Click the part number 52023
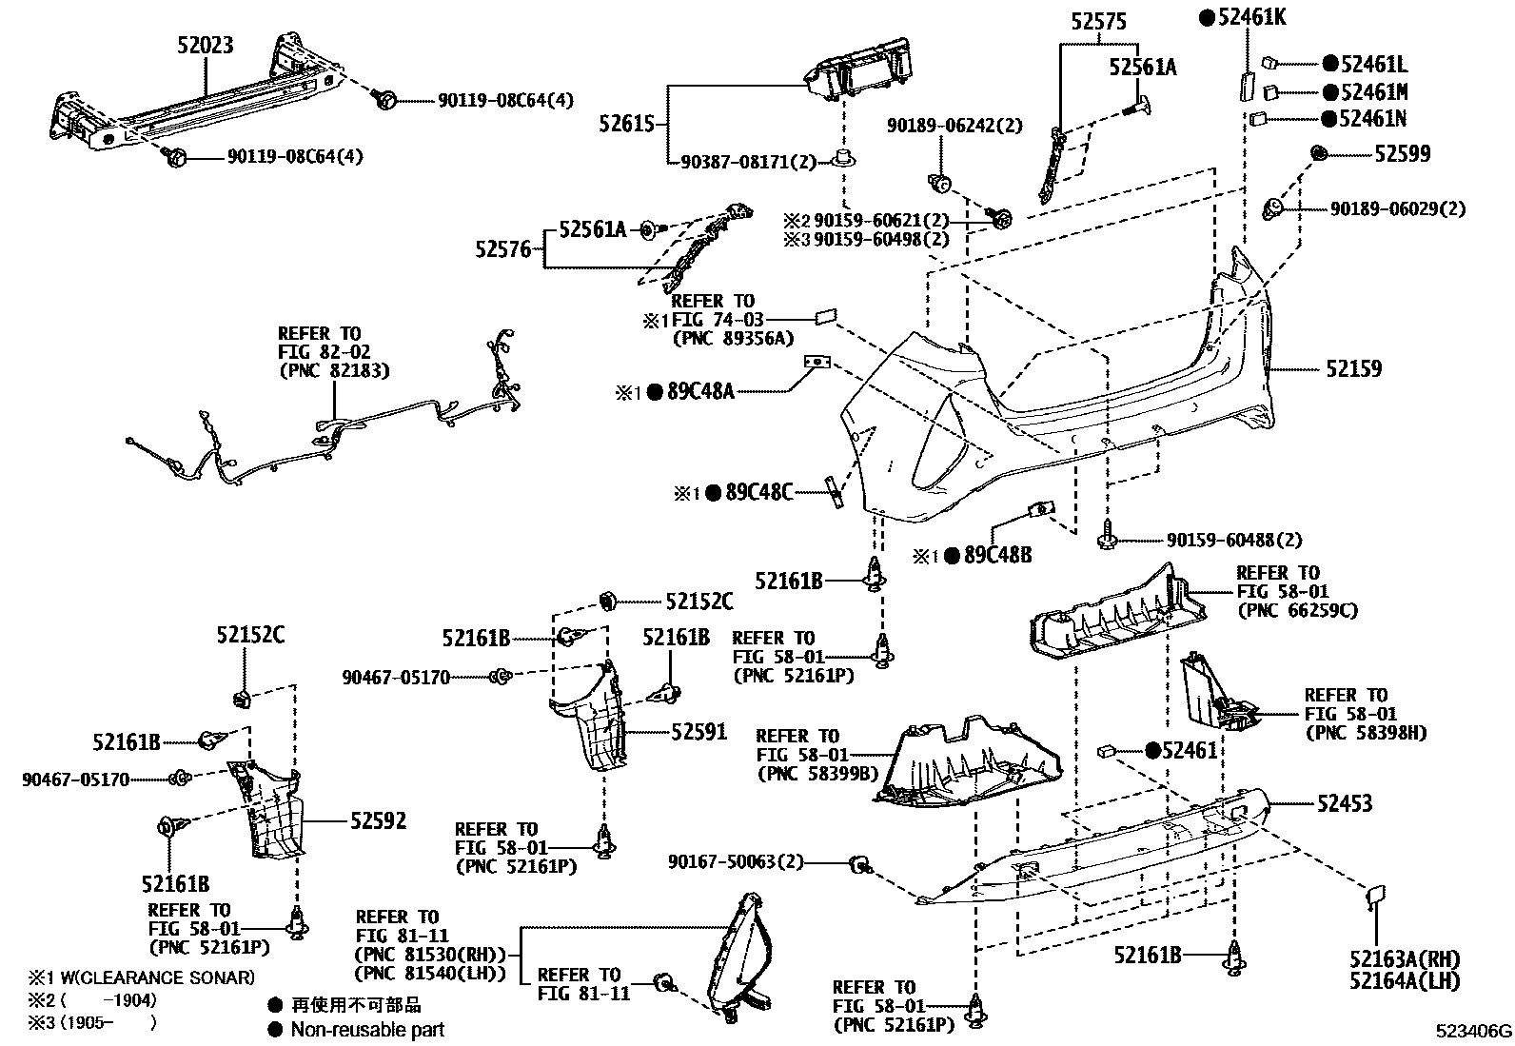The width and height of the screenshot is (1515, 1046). [205, 45]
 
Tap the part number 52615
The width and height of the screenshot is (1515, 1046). [628, 123]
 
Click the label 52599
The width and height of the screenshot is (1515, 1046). [1401, 153]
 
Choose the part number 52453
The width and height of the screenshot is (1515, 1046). [1344, 803]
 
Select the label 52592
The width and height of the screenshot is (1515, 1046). [378, 820]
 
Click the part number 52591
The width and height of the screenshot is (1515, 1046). [698, 731]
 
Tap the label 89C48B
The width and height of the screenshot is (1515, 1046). [996, 555]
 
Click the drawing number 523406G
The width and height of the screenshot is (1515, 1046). [1474, 1031]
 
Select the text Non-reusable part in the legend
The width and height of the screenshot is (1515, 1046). [367, 1029]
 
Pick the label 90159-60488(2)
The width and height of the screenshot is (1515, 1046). [1234, 540]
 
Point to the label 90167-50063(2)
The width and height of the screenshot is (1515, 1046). [736, 861]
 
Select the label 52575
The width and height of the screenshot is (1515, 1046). [1099, 21]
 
